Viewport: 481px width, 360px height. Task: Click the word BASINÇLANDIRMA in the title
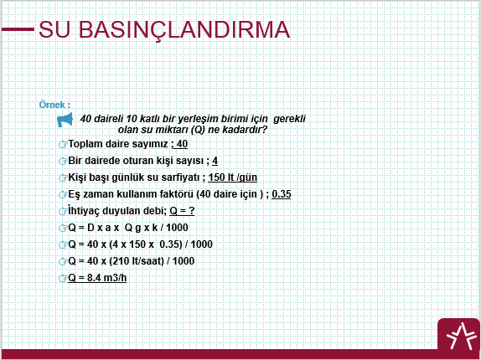coord(184,30)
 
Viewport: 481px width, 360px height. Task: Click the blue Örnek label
coord(54,105)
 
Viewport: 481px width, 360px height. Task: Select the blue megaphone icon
coord(65,120)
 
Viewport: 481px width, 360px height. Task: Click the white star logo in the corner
coord(459,336)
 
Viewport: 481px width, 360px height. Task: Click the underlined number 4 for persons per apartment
coord(215,161)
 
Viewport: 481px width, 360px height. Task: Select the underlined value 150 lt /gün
coord(232,177)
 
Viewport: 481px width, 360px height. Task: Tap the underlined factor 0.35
coord(282,194)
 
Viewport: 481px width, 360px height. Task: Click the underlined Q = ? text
coord(182,211)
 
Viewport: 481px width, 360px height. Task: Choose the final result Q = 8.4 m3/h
coord(97,278)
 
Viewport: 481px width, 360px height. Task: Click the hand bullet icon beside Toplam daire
coord(63,144)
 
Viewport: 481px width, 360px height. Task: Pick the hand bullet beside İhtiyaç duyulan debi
coord(63,211)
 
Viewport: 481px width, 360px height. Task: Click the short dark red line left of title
coord(18,29)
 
